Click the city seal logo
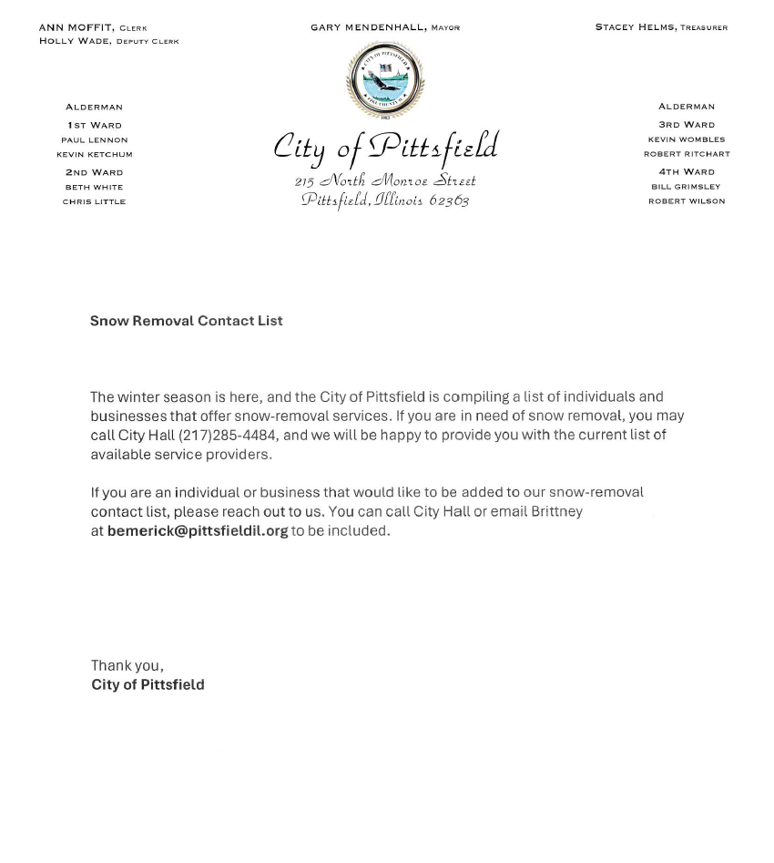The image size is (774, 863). [x=385, y=79]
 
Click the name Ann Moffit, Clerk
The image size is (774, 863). [x=93, y=28]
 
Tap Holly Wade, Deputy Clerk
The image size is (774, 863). [x=108, y=41]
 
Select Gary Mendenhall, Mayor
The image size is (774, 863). [x=384, y=28]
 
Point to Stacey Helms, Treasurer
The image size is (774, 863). [x=661, y=27]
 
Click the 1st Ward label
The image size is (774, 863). [x=94, y=125]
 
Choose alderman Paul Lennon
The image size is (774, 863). [x=94, y=140]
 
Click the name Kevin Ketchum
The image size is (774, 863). [x=94, y=155]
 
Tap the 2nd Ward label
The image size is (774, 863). [x=94, y=172]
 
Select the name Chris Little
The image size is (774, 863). [x=94, y=201]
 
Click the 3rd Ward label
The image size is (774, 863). [x=687, y=125]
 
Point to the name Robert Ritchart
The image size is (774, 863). [x=687, y=154]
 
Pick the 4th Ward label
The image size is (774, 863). [x=687, y=171]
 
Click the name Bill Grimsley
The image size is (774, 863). [x=686, y=187]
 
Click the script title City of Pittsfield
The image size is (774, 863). [x=385, y=148]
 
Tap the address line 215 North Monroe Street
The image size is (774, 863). [x=385, y=180]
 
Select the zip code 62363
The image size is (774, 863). [x=449, y=200]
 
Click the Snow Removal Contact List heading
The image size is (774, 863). [x=186, y=321]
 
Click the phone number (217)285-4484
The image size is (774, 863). [x=227, y=436]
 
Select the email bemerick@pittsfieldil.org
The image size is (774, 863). [x=198, y=530]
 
